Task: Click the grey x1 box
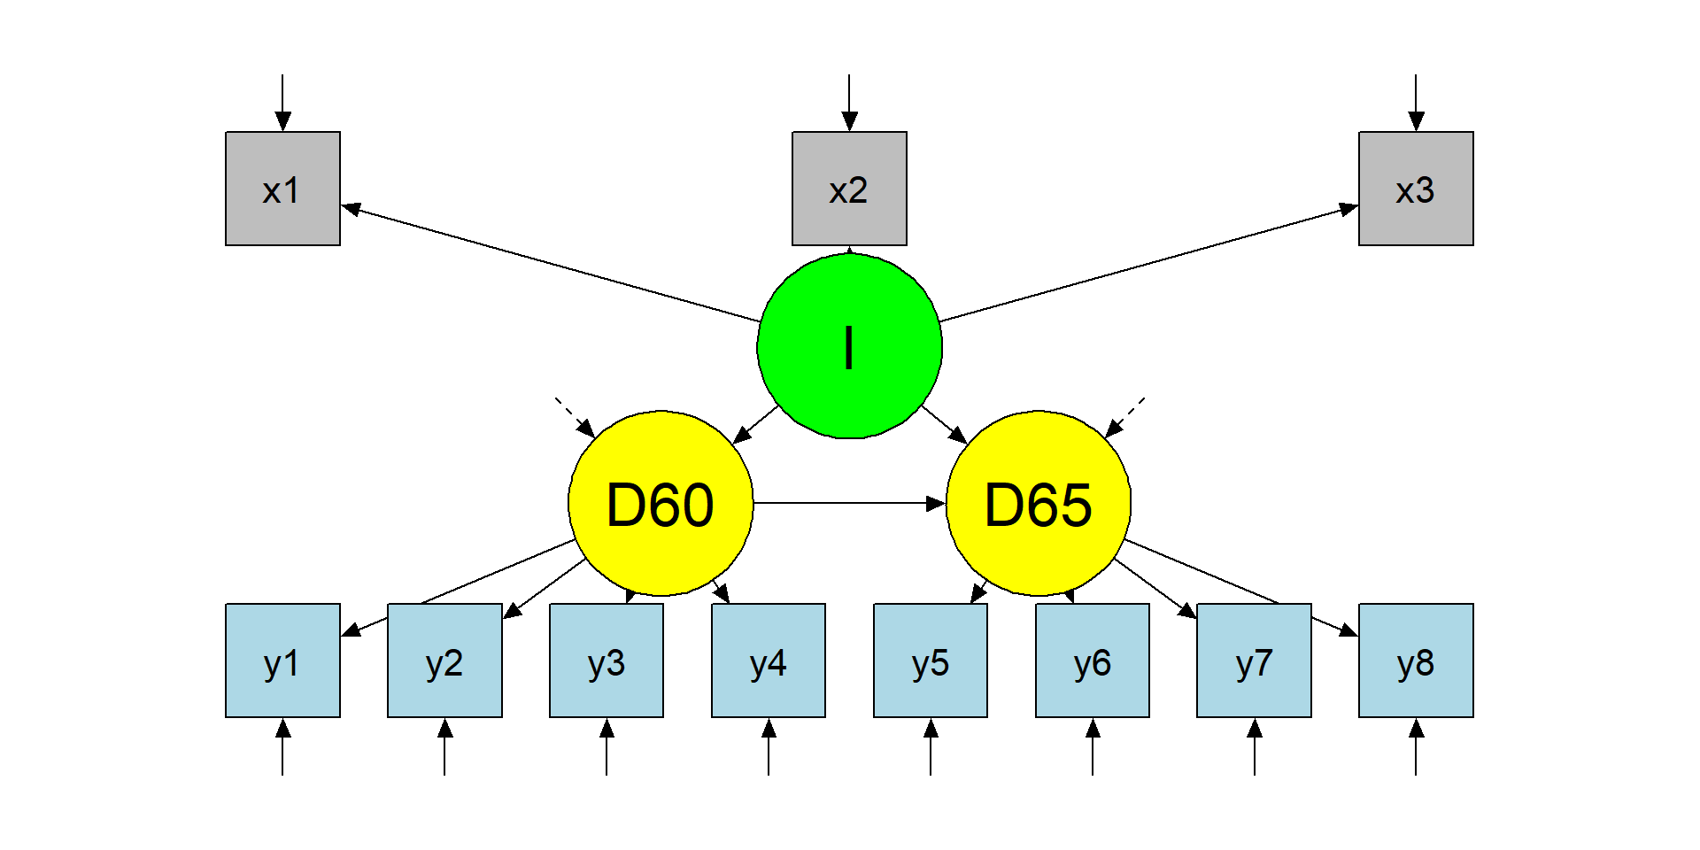coord(282,189)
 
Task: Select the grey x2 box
coord(849,189)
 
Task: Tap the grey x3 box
coord(1416,189)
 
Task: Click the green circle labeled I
coord(849,346)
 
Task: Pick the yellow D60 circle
coord(661,503)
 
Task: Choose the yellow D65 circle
coord(1039,503)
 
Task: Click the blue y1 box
coord(282,661)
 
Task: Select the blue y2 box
coord(444,661)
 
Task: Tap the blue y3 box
coord(607,661)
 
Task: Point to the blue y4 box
coord(769,661)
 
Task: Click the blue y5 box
coord(931,661)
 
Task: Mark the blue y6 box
coord(1093,661)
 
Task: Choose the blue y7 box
coord(1254,661)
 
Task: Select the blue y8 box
coord(1416,661)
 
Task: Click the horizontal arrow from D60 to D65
coord(848,503)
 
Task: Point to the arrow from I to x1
coord(549,264)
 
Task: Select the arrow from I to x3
coord(1149,264)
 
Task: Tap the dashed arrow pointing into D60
coord(575,417)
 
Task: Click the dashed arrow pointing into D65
coord(1124,417)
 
